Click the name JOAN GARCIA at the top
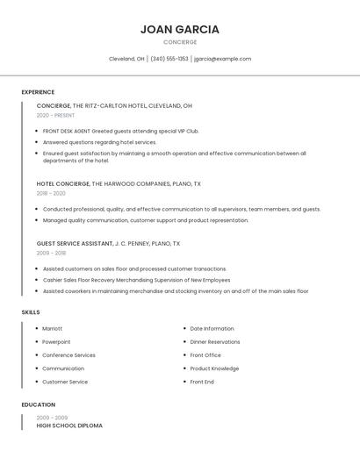coord(179,29)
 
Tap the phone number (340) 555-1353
coord(169,59)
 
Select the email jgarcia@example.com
coord(222,59)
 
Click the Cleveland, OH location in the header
coord(126,59)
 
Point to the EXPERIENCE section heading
coord(38,92)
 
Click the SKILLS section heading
coord(31,312)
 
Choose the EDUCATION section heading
coord(38,404)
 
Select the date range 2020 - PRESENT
coord(55,115)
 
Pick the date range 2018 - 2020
coord(51,193)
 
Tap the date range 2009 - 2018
coord(51,253)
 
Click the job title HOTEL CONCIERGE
coord(63,184)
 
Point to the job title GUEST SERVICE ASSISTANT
coord(75,243)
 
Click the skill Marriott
coord(53,328)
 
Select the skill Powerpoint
coord(56,342)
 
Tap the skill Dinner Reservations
coord(215,342)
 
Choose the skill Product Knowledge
coord(214,368)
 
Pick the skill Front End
coord(202,382)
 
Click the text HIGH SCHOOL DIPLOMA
coord(69,426)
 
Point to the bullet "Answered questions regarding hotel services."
coord(99,142)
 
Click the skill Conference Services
coord(68,355)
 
